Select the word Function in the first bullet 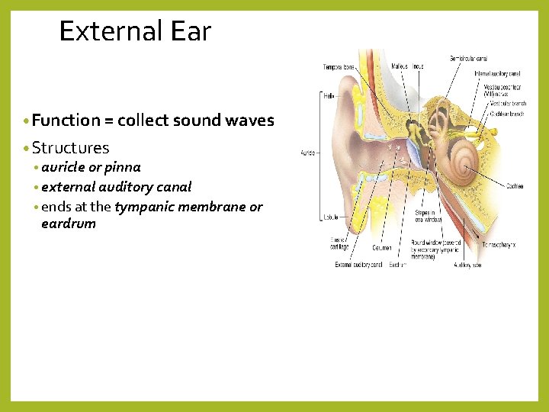coord(66,121)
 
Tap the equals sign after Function coord(110,121)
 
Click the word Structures coord(71,148)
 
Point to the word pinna coord(124,167)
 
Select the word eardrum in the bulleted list coord(69,224)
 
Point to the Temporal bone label coord(338,66)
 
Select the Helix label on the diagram coord(329,95)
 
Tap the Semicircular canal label coord(468,58)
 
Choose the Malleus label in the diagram coord(399,66)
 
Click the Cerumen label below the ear coord(382,247)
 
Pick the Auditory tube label coord(467,265)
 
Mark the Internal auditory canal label coord(497,73)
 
